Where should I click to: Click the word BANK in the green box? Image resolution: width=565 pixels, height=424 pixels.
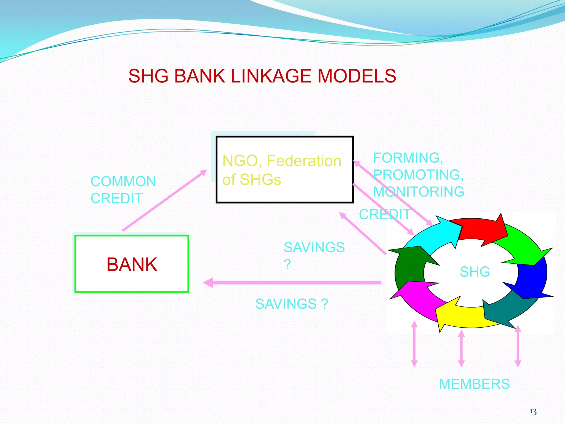click(132, 264)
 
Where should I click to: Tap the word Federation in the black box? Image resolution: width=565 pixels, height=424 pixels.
click(304, 161)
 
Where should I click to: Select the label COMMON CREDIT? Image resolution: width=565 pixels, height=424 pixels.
click(123, 190)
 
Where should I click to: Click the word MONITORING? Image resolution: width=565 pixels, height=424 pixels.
click(419, 192)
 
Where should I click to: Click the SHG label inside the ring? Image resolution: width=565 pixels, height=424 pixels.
click(475, 272)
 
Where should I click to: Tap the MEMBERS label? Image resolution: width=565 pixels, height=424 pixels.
click(474, 384)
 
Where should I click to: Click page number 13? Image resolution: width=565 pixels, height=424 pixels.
click(533, 412)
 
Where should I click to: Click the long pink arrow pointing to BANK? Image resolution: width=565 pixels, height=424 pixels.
click(292, 283)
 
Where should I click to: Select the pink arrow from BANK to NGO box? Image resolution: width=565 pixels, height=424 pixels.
click(164, 200)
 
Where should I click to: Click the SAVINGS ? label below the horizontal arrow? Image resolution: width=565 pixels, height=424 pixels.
click(292, 304)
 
